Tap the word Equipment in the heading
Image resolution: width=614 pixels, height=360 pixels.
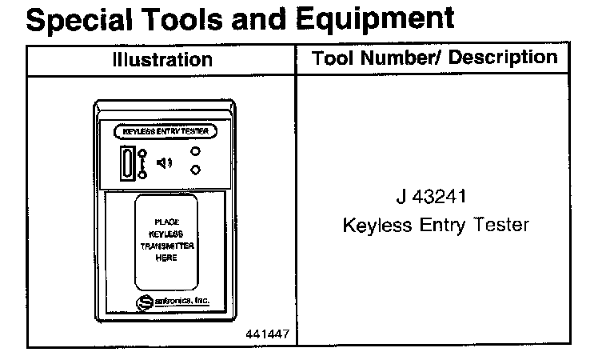(x=376, y=19)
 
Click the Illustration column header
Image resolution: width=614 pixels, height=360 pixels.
(x=162, y=60)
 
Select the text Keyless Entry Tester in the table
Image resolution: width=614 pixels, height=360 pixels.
(x=436, y=226)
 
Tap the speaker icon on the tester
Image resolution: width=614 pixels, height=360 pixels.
(x=164, y=163)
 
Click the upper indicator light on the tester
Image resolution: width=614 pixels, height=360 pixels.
(x=195, y=152)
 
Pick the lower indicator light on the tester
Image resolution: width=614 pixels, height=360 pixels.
(x=195, y=170)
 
